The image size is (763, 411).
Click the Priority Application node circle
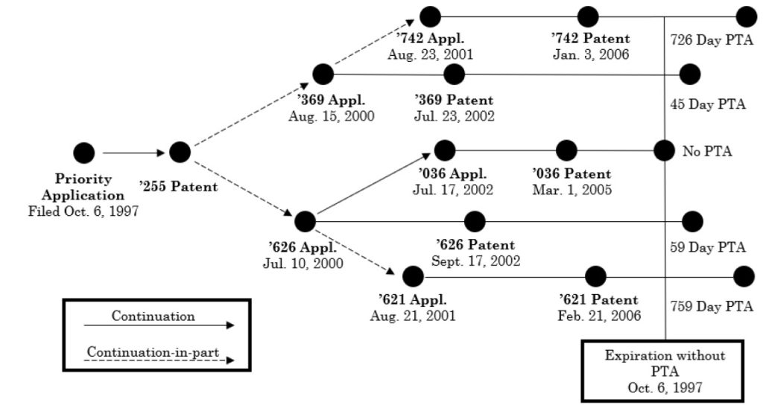(84, 153)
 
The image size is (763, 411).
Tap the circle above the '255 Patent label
(180, 152)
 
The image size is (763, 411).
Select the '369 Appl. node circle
(323, 74)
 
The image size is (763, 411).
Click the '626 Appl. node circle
(305, 221)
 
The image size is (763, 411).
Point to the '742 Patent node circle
(588, 16)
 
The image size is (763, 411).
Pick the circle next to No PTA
(664, 150)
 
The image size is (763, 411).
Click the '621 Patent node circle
(595, 276)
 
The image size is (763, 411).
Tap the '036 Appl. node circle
(445, 150)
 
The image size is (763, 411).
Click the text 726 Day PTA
(708, 38)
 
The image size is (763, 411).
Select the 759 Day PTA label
(708, 305)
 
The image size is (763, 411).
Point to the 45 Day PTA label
(707, 104)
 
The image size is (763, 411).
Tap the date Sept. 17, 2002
(475, 261)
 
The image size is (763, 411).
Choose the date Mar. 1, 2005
(572, 190)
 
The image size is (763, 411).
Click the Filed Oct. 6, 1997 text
(83, 210)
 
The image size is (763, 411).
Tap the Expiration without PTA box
(665, 369)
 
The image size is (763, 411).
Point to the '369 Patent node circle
(454, 74)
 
